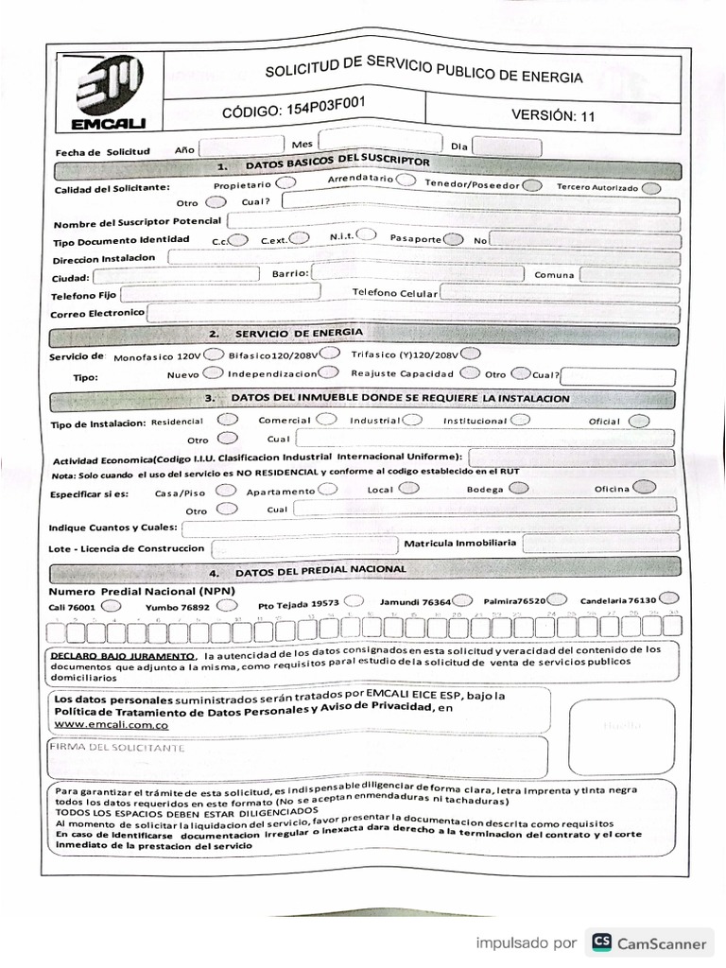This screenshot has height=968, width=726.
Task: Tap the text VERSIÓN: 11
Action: [554, 115]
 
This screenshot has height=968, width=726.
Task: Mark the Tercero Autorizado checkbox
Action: [650, 188]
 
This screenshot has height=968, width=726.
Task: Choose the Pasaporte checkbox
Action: [455, 239]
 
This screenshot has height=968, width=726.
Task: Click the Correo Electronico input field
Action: [412, 313]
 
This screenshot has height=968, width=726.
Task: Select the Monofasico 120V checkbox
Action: [215, 354]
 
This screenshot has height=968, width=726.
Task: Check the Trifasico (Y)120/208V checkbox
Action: [470, 354]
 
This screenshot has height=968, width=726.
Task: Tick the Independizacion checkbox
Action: [330, 373]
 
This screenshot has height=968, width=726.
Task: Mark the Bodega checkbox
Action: [519, 488]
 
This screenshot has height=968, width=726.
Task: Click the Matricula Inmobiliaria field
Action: [599, 544]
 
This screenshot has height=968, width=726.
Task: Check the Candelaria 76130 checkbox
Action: [669, 597]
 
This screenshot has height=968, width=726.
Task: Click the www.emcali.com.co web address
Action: [112, 724]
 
